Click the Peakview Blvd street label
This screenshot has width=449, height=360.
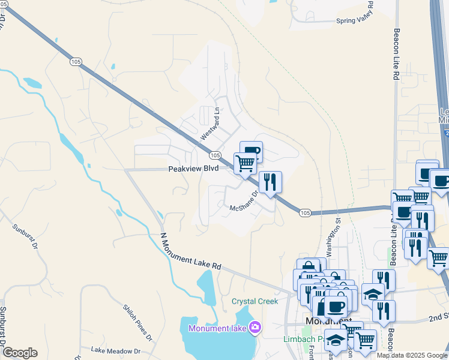(193, 169)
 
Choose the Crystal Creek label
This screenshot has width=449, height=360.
(255, 301)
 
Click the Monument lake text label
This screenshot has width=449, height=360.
(217, 328)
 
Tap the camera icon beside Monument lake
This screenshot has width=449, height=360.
(255, 328)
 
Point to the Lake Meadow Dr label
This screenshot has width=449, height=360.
(115, 350)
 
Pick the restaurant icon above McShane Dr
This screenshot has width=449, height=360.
(270, 181)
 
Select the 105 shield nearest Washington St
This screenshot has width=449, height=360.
(305, 212)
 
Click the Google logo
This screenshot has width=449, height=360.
(19, 353)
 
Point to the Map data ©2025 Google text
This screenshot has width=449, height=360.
(411, 355)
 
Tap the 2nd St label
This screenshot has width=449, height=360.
(438, 316)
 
